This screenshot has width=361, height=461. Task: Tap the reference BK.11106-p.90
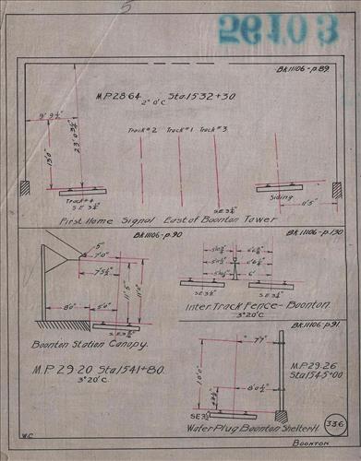coord(109,236)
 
